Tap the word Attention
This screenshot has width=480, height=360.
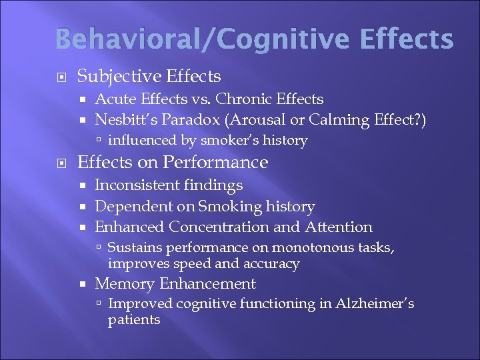coord(338,227)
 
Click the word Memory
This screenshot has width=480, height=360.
coord(124,284)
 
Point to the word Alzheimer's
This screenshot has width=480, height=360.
coord(373,304)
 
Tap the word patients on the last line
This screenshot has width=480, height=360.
coord(133,320)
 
